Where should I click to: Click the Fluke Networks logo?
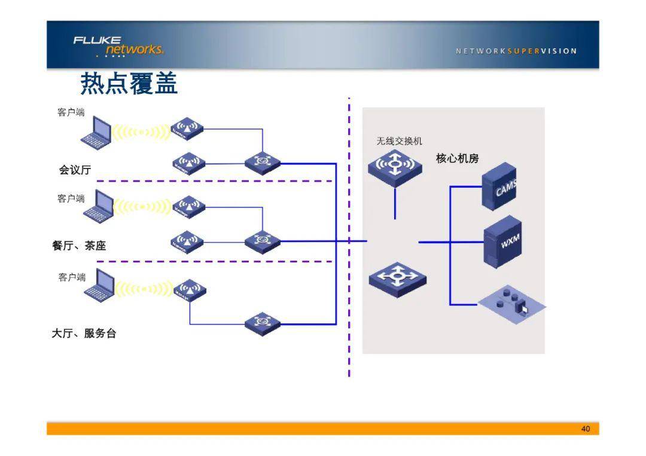[118, 45]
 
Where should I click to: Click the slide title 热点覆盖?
[129, 84]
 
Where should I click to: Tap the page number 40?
[585, 429]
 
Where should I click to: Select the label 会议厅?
[75, 170]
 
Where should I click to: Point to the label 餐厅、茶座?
[79, 246]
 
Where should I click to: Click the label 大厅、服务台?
[84, 333]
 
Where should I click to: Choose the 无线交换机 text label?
[399, 141]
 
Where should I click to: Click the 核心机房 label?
[457, 158]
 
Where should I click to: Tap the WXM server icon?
[502, 241]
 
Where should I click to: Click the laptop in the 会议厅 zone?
[97, 131]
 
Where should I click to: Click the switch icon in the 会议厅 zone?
[262, 161]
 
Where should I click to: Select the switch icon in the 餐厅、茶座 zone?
[262, 240]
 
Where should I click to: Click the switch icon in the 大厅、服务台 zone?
[262, 323]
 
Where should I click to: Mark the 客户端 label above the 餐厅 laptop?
[71, 198]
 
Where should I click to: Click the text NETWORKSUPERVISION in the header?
[516, 51]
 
